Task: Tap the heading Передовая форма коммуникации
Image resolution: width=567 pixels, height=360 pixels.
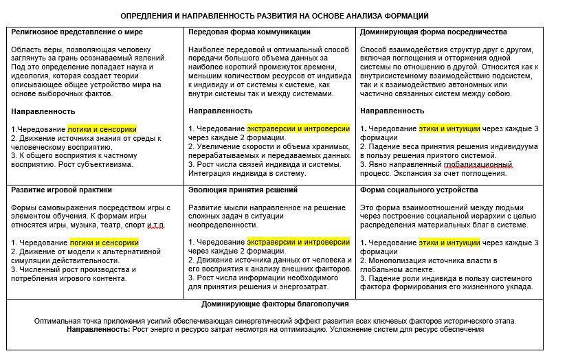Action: click(249, 32)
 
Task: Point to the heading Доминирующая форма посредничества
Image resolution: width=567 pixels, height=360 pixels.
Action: click(433, 32)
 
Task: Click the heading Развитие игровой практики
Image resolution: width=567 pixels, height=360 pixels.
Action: click(61, 190)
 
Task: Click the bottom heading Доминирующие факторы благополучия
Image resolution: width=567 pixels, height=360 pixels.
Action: click(275, 304)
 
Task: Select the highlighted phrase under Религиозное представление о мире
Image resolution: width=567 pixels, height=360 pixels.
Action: click(102, 128)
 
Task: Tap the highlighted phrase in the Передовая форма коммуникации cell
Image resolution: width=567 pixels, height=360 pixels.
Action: click(298, 128)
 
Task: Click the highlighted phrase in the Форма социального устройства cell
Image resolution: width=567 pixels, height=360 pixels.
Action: click(449, 243)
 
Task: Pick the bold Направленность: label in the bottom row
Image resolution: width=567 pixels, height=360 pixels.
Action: click(98, 330)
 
